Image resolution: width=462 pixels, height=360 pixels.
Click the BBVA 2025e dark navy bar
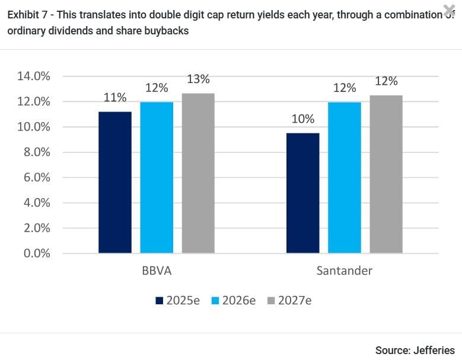(x=115, y=182)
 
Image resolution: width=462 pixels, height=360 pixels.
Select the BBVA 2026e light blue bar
(x=157, y=177)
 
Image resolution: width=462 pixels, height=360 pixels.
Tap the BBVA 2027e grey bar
(x=198, y=173)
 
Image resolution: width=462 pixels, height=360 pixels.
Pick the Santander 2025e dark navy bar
(x=302, y=193)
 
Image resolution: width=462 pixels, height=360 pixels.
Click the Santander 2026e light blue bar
(x=344, y=177)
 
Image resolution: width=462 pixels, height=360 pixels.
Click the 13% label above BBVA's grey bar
(x=198, y=79)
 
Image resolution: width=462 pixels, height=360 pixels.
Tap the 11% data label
(x=115, y=97)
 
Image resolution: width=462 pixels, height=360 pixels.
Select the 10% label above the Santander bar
(x=302, y=119)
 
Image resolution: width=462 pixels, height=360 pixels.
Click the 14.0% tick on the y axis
(x=33, y=77)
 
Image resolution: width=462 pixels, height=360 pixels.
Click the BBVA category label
(x=157, y=271)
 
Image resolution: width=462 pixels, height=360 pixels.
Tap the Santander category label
(x=344, y=271)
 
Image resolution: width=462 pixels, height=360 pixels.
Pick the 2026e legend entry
(x=234, y=301)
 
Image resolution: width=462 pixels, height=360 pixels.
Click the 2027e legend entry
(x=289, y=301)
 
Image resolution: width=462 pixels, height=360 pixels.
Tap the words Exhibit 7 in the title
(x=27, y=15)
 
